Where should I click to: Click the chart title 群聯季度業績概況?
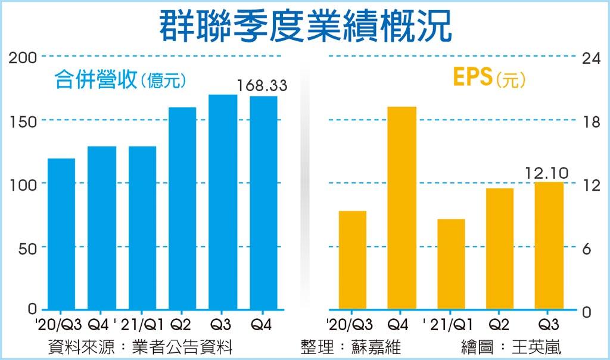(304, 25)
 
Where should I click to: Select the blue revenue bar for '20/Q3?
(61, 234)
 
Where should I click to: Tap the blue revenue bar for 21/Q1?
(142, 228)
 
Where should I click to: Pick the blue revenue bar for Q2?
(182, 209)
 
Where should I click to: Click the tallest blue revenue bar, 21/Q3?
(223, 202)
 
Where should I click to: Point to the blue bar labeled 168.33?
(263, 203)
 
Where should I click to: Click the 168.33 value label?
(262, 85)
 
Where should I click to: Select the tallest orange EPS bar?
(402, 208)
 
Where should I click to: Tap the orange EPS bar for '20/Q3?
(352, 260)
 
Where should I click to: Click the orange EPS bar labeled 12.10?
(549, 246)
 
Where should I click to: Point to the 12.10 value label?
(547, 173)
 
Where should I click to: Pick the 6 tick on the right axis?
(588, 248)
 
